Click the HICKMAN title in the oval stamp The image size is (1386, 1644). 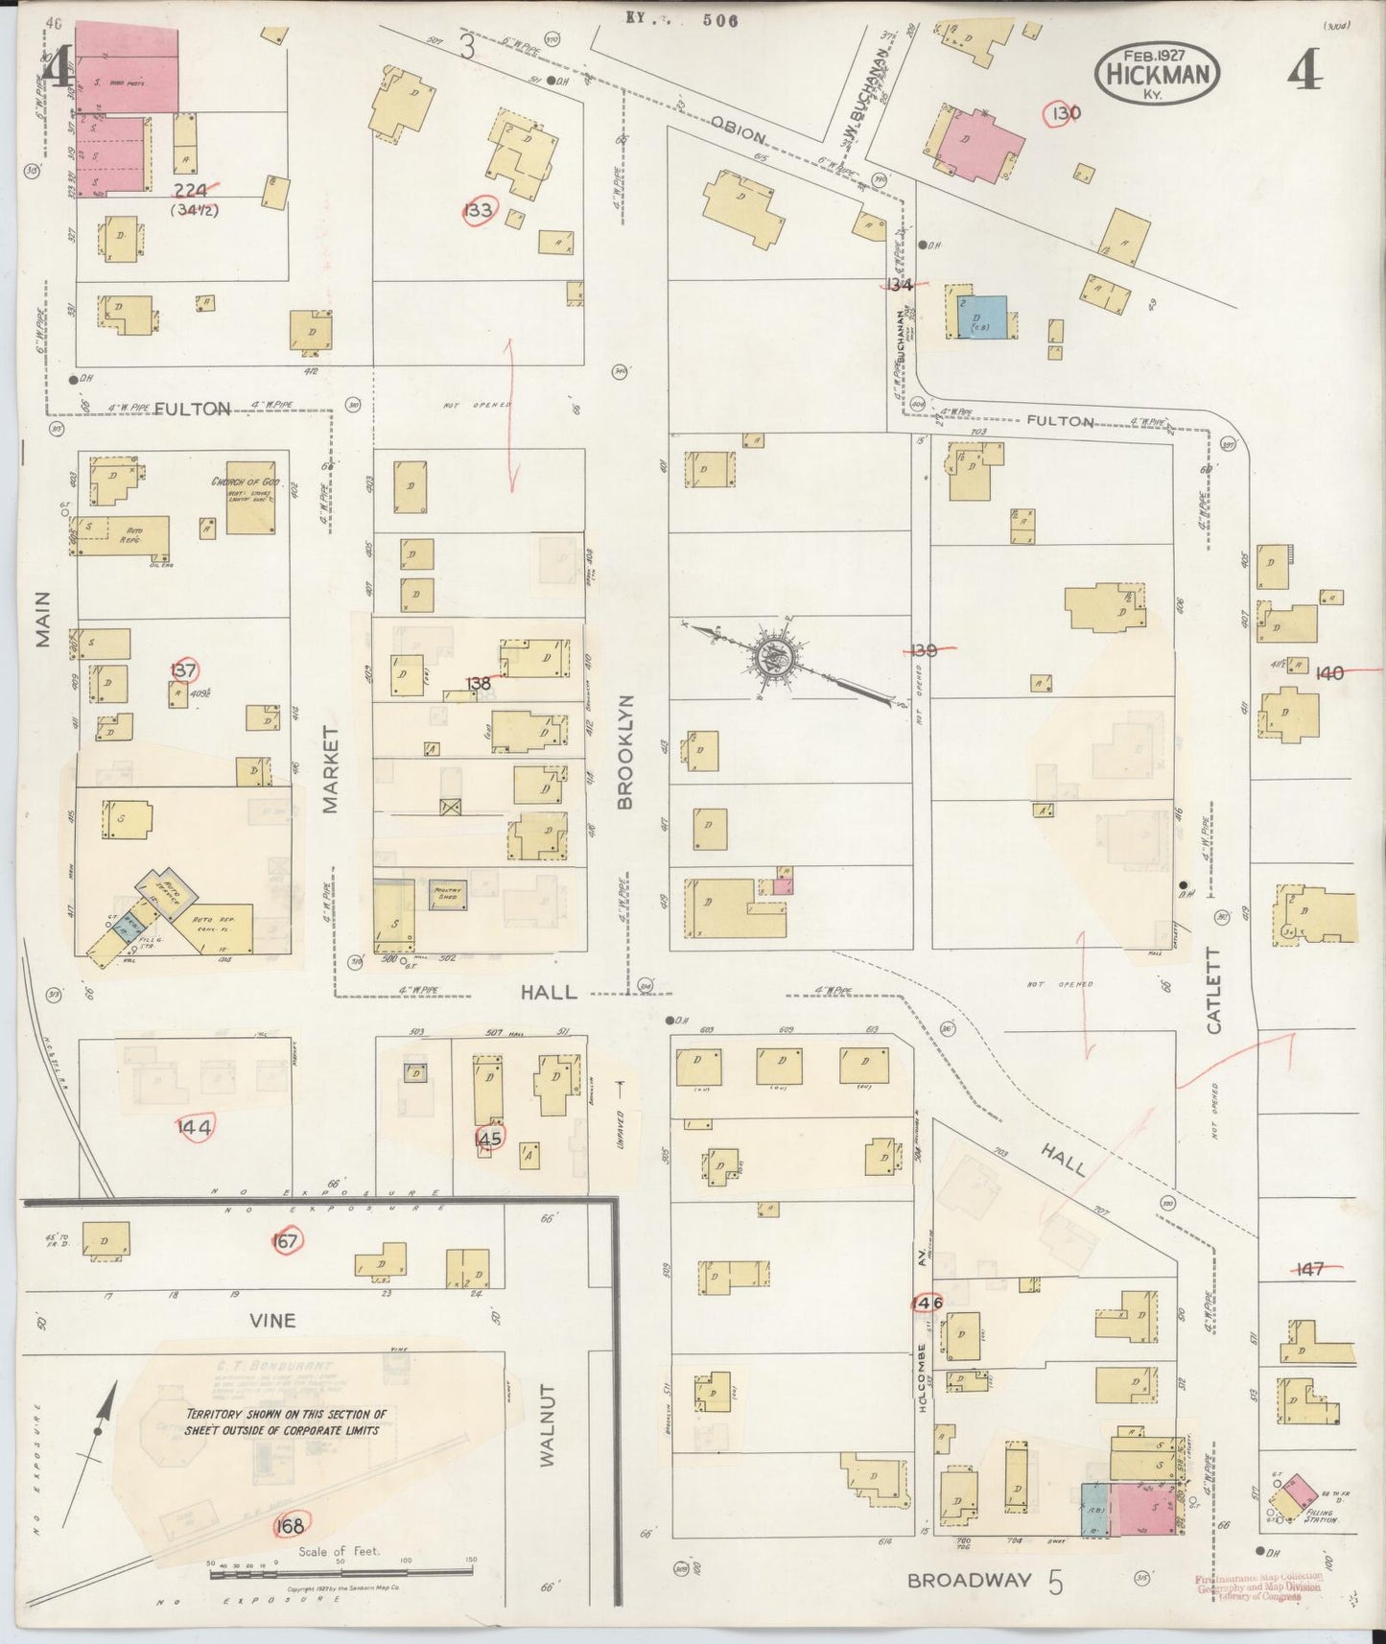(x=1158, y=74)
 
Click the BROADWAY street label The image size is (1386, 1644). (x=969, y=1579)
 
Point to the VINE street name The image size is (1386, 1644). (x=271, y=1321)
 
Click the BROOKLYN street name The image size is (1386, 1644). (x=626, y=751)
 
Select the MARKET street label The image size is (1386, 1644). (x=332, y=769)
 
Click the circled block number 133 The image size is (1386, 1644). (x=478, y=211)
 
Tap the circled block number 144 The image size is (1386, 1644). (x=196, y=1126)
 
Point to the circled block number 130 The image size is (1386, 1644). (x=1065, y=113)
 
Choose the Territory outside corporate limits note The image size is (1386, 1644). (x=287, y=1421)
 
